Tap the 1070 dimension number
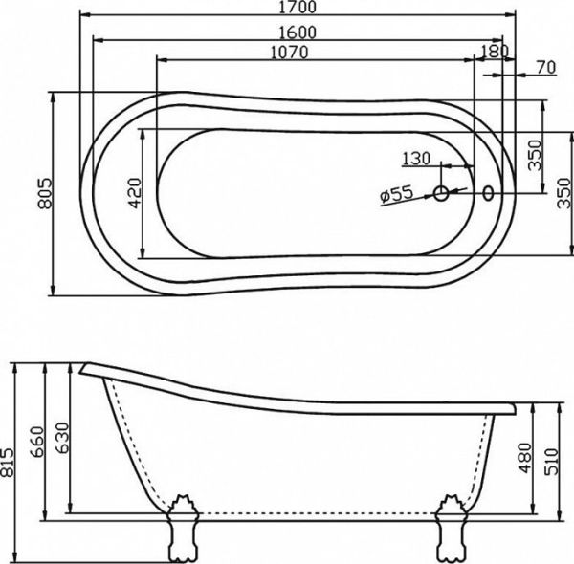click(x=288, y=54)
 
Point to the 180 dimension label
click(x=493, y=50)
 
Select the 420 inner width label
click(x=133, y=193)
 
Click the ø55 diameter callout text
click(x=395, y=194)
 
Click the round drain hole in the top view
click(x=442, y=194)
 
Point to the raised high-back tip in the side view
click(x=86, y=367)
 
